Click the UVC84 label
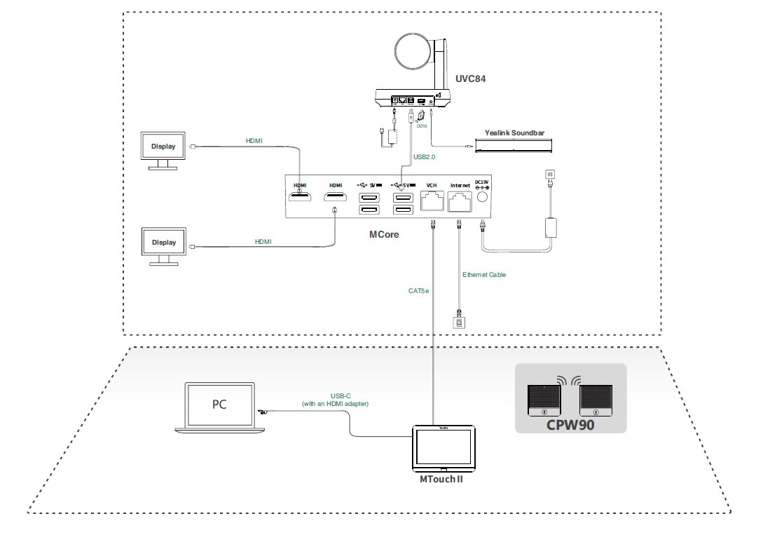tap(471, 79)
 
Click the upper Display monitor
tap(164, 147)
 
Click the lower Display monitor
tap(164, 243)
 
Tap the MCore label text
tap(384, 234)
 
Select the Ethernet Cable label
tap(484, 275)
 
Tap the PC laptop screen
tap(219, 405)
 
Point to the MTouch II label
tap(441, 480)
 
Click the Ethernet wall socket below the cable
tap(459, 323)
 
